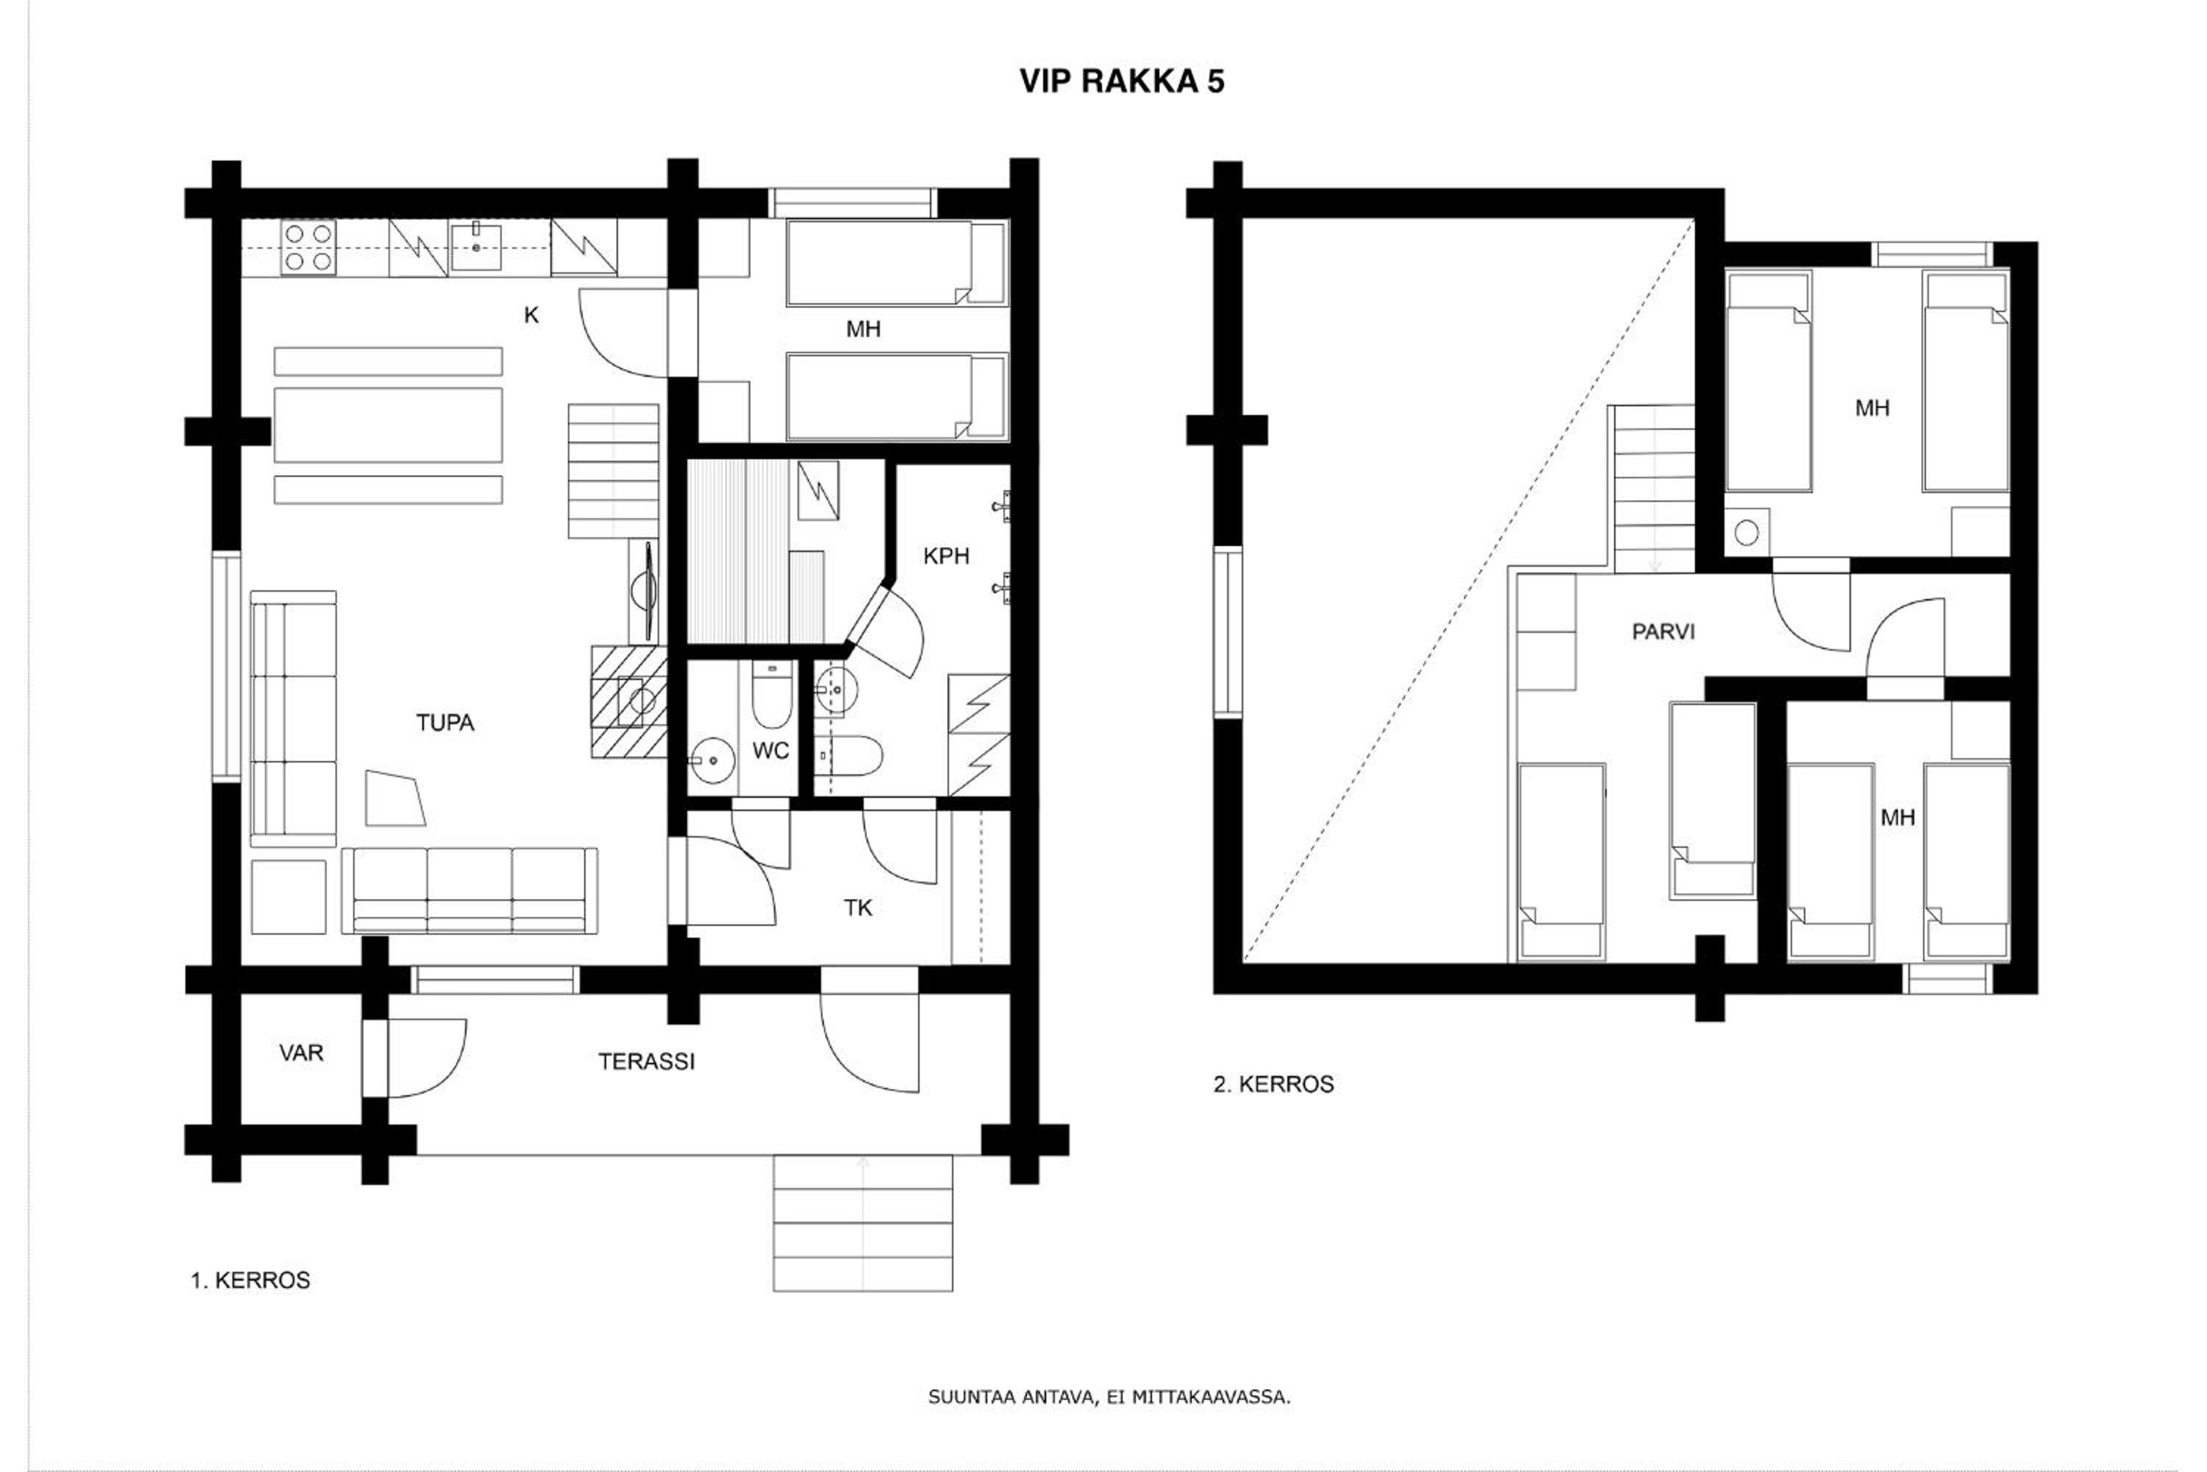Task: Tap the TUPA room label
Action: (445, 723)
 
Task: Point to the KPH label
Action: (946, 556)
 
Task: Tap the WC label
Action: (770, 751)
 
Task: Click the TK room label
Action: (858, 907)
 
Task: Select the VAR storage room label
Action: (301, 1053)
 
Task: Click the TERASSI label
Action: (647, 1062)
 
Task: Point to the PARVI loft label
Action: (1663, 631)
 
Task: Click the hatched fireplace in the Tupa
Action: (629, 701)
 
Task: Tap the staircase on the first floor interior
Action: (613, 471)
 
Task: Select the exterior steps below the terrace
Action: (862, 1223)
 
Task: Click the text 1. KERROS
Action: (251, 1281)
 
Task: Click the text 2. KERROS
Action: (1273, 1084)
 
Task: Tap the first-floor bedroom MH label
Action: (863, 330)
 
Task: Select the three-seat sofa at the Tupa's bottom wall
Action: (469, 891)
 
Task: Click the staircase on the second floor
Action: (1653, 488)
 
